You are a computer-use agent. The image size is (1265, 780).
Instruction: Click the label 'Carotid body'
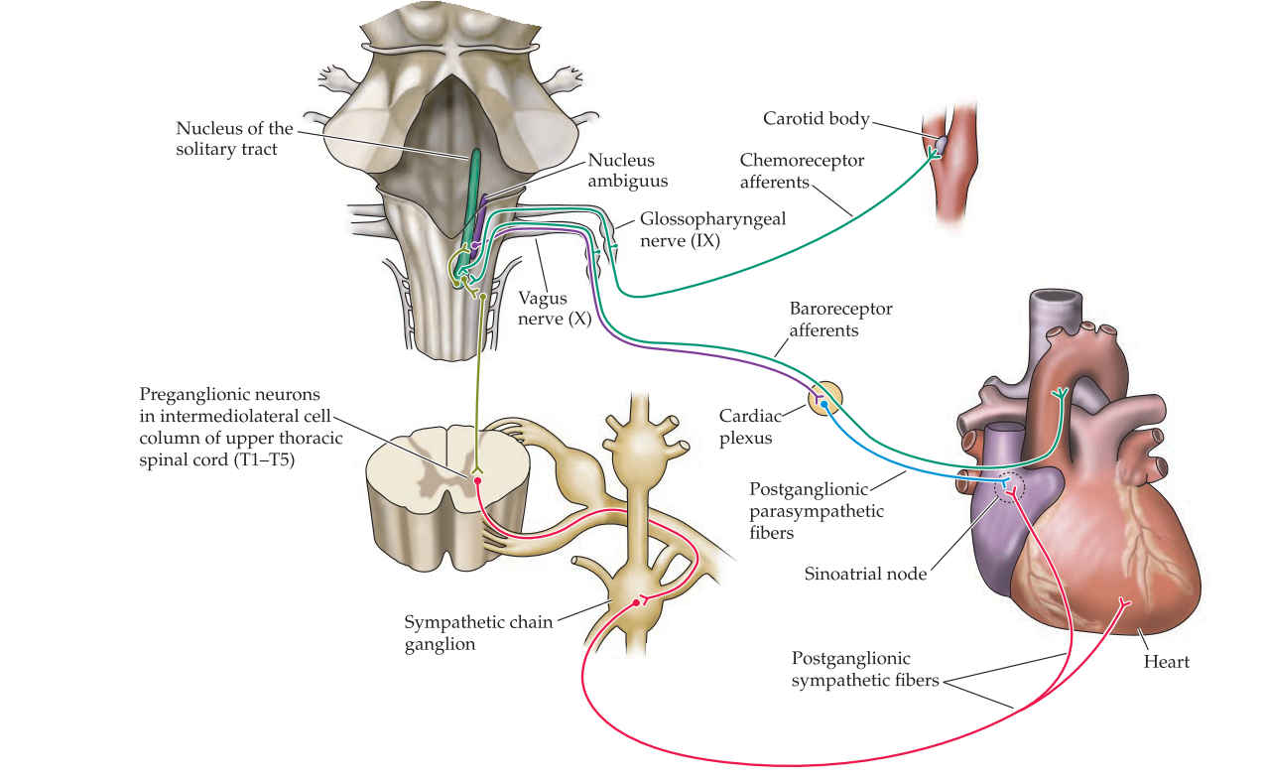816,119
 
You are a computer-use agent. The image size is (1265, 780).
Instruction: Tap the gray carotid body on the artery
941,145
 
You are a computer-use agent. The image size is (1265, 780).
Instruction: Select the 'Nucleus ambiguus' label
627,170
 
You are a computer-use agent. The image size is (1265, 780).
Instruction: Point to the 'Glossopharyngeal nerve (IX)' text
712,229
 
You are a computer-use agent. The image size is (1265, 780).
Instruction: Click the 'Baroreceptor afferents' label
840,319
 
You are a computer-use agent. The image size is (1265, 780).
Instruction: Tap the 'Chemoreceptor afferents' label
802,171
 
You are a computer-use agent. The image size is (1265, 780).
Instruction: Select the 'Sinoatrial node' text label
866,573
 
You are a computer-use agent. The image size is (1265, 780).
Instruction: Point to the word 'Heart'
1166,661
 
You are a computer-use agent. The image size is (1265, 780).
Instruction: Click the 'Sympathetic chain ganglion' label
477,632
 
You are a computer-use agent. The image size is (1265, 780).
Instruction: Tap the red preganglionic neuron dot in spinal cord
478,480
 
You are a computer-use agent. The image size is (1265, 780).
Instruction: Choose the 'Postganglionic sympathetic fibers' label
864,670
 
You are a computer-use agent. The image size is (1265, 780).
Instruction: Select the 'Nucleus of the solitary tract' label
234,138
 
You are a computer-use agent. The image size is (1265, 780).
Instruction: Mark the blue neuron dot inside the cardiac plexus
824,405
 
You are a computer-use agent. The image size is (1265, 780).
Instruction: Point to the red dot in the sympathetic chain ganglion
637,602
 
